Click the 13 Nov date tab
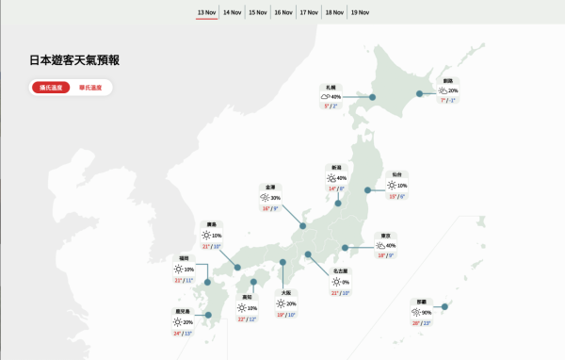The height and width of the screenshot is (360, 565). pyautogui.click(x=206, y=13)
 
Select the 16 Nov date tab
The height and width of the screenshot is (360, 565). pyautogui.click(x=282, y=13)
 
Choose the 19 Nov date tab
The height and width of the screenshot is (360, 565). pyautogui.click(x=359, y=13)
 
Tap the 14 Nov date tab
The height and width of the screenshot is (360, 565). pyautogui.click(x=232, y=13)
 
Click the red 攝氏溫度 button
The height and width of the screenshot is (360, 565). pyautogui.click(x=51, y=88)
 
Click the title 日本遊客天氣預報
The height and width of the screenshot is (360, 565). pyautogui.click(x=74, y=60)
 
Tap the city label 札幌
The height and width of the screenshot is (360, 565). pyautogui.click(x=331, y=87)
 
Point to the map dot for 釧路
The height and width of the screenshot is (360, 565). pyautogui.click(x=419, y=93)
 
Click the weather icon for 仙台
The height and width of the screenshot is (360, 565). pyautogui.click(x=391, y=186)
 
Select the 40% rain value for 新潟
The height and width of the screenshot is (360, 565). pyautogui.click(x=341, y=178)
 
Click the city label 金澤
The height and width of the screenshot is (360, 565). pyautogui.click(x=271, y=187)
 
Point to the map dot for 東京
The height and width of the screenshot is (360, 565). pyautogui.click(x=345, y=248)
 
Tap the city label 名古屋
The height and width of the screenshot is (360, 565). pyautogui.click(x=341, y=270)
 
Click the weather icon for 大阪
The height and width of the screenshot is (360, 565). pyautogui.click(x=280, y=303)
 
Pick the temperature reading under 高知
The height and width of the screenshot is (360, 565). pyautogui.click(x=247, y=319)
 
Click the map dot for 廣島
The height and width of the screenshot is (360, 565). pyautogui.click(x=232, y=255)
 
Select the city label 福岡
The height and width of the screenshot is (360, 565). pyautogui.click(x=185, y=257)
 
